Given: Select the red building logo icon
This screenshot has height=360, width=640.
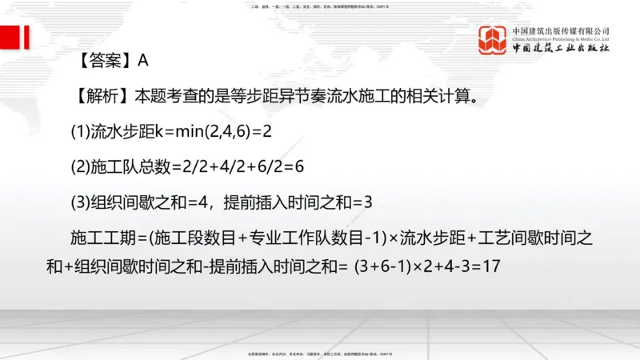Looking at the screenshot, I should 493,38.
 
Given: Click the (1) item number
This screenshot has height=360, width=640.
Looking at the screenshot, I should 82,130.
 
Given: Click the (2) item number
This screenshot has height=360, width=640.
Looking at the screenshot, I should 82,166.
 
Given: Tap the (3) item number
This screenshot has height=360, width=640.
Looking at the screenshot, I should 82,202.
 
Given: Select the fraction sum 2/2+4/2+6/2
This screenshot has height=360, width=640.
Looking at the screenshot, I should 238,166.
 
